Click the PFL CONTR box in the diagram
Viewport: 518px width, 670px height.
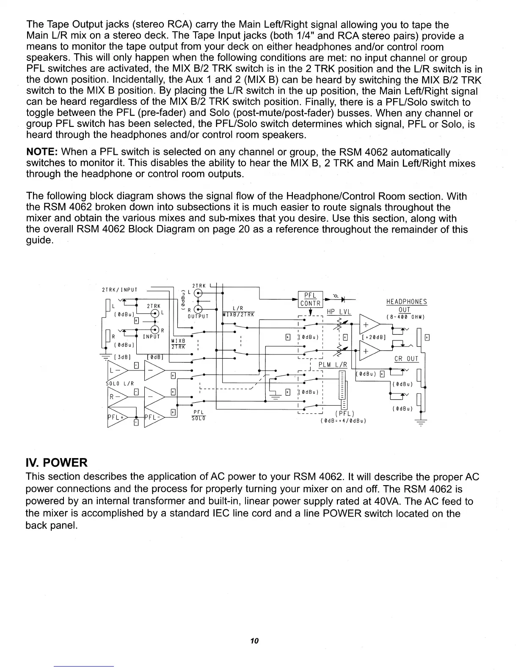point(311,299)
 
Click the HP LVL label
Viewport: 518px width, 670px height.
point(337,312)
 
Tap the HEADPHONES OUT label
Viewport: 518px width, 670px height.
point(406,305)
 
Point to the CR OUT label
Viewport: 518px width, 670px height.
point(406,359)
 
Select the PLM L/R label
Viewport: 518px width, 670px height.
point(332,365)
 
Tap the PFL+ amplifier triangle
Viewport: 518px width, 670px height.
point(117,416)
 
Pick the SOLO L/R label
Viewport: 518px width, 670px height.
point(120,384)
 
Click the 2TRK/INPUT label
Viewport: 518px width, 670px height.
point(120,290)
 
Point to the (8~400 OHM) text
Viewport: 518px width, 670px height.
point(406,317)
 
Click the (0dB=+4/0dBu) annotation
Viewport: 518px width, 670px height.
point(343,420)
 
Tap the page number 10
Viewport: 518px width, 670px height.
point(254,640)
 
